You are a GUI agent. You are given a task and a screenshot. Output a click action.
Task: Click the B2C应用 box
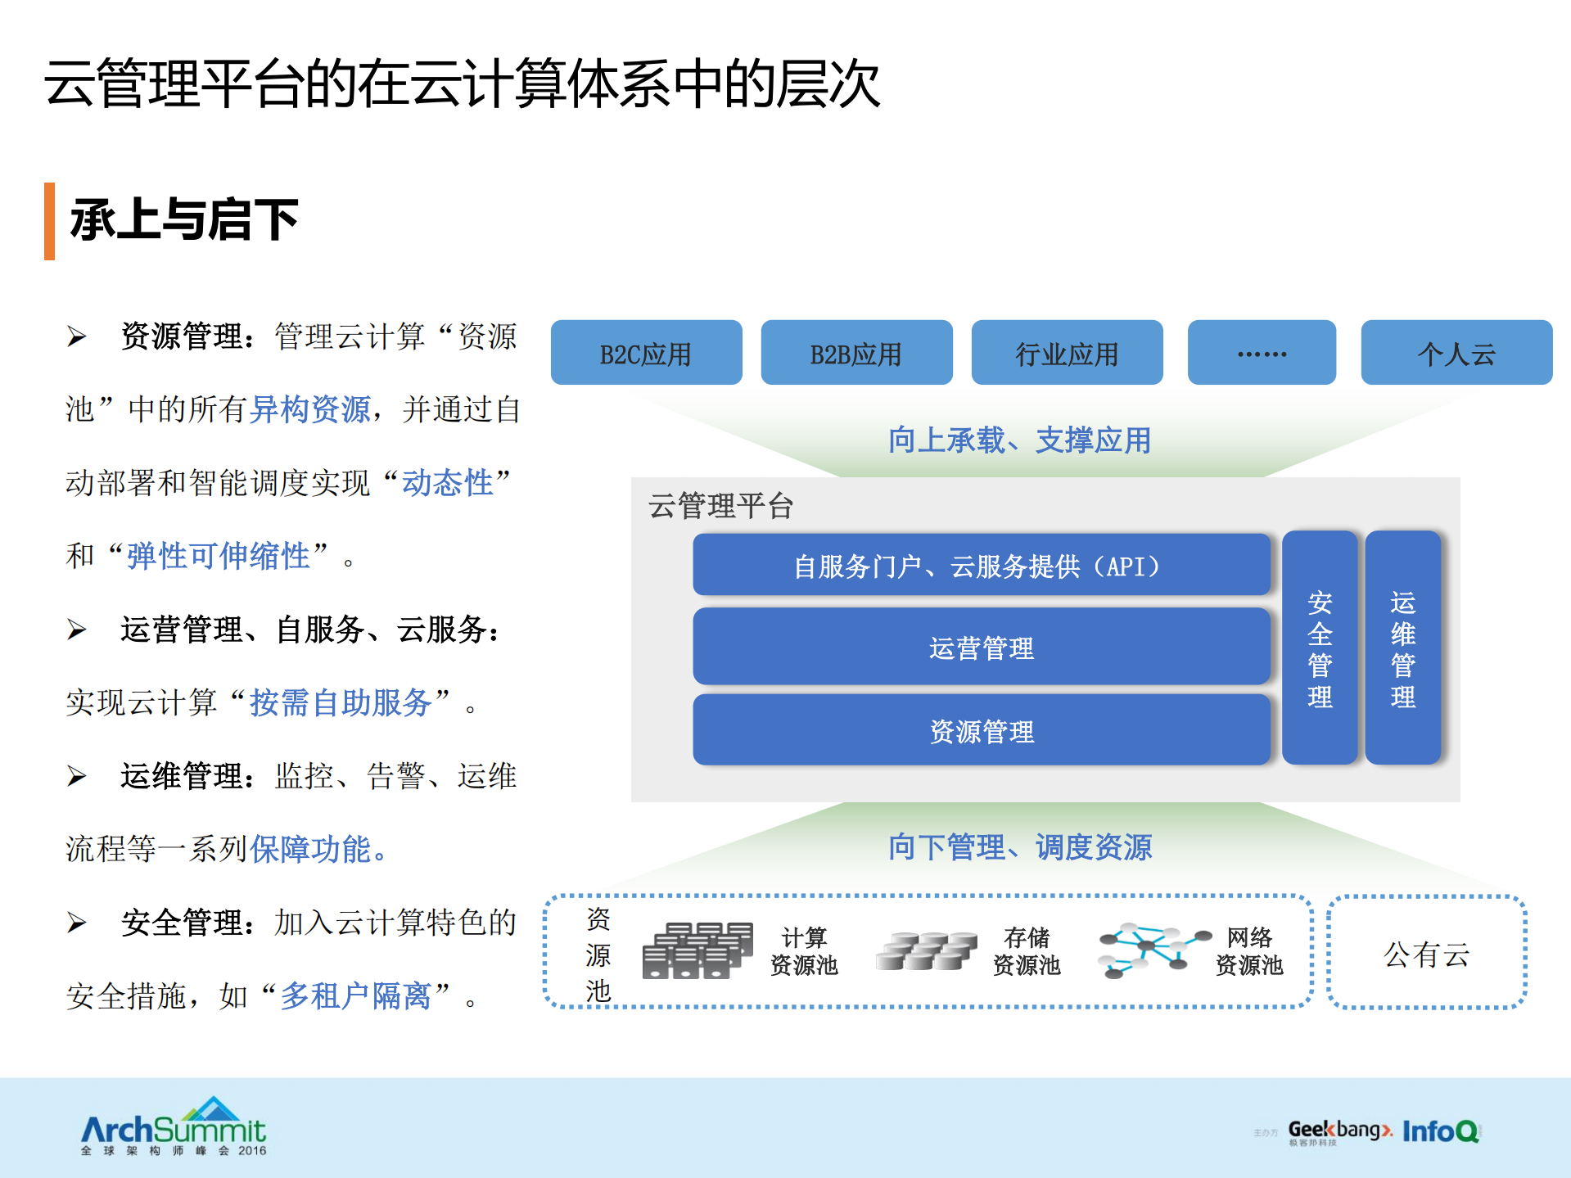[646, 353]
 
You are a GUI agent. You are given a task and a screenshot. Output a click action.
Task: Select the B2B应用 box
[856, 353]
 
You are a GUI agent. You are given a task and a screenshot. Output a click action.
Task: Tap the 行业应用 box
[1067, 353]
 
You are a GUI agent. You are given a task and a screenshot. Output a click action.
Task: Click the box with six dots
[1262, 353]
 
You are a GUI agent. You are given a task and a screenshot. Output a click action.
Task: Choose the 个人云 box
[1456, 353]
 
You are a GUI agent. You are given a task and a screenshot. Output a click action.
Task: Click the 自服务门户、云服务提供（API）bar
[981, 565]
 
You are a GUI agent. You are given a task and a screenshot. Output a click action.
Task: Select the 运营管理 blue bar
[981, 647]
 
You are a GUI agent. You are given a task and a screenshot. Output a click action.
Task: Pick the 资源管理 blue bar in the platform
[981, 730]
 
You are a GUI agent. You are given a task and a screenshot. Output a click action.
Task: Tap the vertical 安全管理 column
[1320, 648]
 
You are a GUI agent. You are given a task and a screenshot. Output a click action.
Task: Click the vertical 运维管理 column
[1402, 648]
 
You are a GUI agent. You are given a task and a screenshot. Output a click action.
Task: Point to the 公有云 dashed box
[1426, 953]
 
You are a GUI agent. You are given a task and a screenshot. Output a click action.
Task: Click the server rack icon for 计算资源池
[697, 950]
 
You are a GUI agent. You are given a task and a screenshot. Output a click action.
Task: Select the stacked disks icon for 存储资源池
[926, 950]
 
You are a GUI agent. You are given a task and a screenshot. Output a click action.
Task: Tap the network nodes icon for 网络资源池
[1153, 950]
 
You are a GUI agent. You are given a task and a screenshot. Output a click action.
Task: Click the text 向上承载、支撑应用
[1019, 440]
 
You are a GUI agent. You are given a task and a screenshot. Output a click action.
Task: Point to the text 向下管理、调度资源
[1019, 847]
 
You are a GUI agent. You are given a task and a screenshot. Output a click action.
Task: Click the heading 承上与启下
[184, 220]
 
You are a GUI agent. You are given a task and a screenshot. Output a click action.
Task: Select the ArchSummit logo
[174, 1126]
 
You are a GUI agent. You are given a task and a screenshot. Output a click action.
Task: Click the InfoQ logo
[1441, 1131]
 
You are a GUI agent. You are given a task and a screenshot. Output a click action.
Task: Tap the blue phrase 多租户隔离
[355, 996]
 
